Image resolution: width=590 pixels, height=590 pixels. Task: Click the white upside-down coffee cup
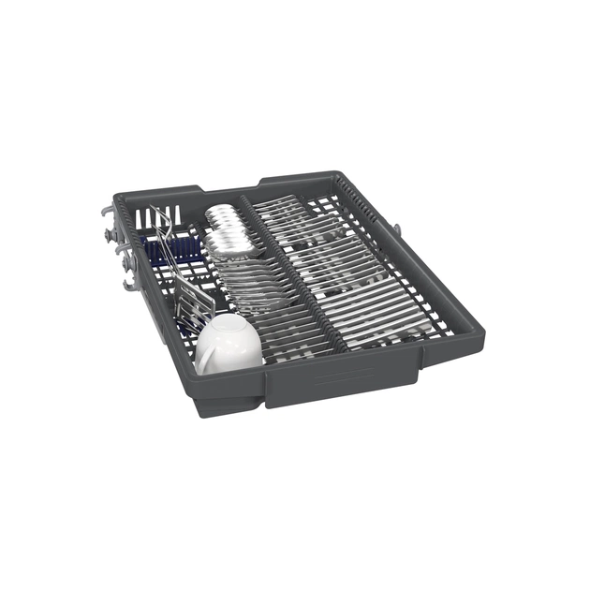(229, 344)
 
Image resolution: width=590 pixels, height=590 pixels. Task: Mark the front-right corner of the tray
(482, 323)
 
